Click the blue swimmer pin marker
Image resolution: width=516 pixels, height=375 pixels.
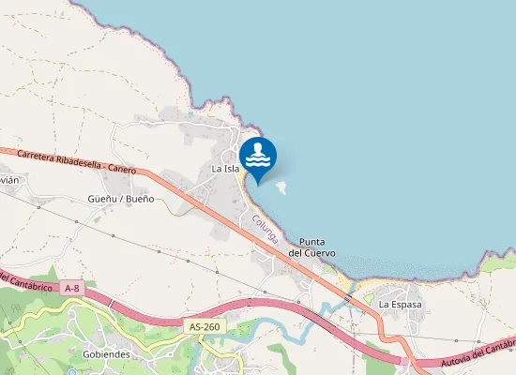coord(258,157)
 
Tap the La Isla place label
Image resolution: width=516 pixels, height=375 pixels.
coord(225,169)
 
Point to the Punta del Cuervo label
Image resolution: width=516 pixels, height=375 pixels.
coord(307,247)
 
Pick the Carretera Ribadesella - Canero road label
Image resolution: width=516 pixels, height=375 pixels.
coord(77,161)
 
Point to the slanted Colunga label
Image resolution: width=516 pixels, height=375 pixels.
coord(266,231)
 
